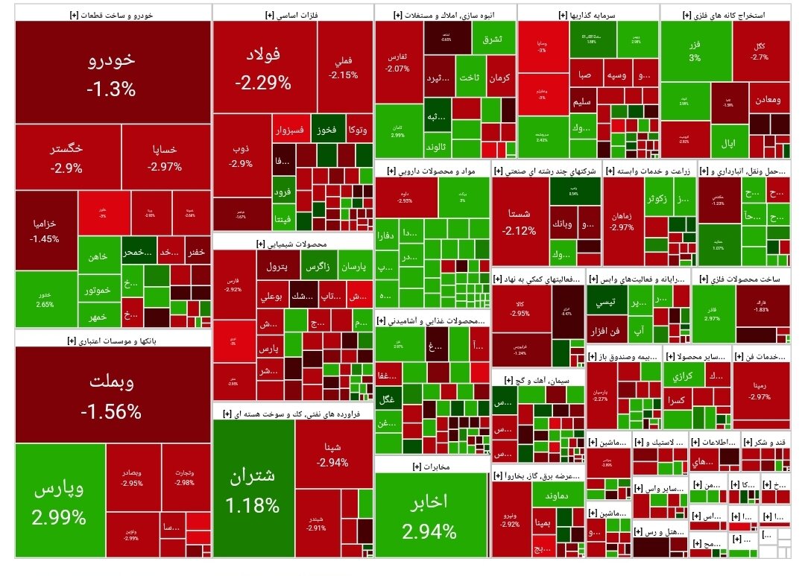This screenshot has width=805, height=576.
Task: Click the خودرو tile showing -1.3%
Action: pos(112,72)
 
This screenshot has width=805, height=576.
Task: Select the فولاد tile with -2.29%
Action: pos(263,67)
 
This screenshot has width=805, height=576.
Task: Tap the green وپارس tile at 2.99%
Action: pos(60,500)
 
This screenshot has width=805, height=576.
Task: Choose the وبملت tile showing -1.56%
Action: pos(112,395)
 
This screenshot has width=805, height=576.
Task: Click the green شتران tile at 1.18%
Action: pos(253,488)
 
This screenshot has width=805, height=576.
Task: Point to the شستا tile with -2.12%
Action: pos(520,222)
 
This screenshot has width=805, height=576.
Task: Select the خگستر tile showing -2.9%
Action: pos(67,157)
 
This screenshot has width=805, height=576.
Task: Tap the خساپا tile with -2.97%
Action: pos(165,157)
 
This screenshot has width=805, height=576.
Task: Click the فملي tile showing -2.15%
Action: pos(344,67)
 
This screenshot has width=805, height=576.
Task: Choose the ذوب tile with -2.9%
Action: pos(241,155)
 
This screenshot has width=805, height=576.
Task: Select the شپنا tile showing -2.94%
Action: pos(332,454)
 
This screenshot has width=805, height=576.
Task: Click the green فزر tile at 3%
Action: pos(695,51)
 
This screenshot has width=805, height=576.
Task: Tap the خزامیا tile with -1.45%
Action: pos(45,230)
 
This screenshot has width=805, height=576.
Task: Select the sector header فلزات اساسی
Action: pos(292,13)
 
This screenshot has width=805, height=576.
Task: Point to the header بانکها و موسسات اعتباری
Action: pos(112,340)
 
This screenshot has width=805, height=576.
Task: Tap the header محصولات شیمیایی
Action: pos(292,243)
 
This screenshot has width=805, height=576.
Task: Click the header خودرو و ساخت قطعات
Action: pos(112,13)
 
